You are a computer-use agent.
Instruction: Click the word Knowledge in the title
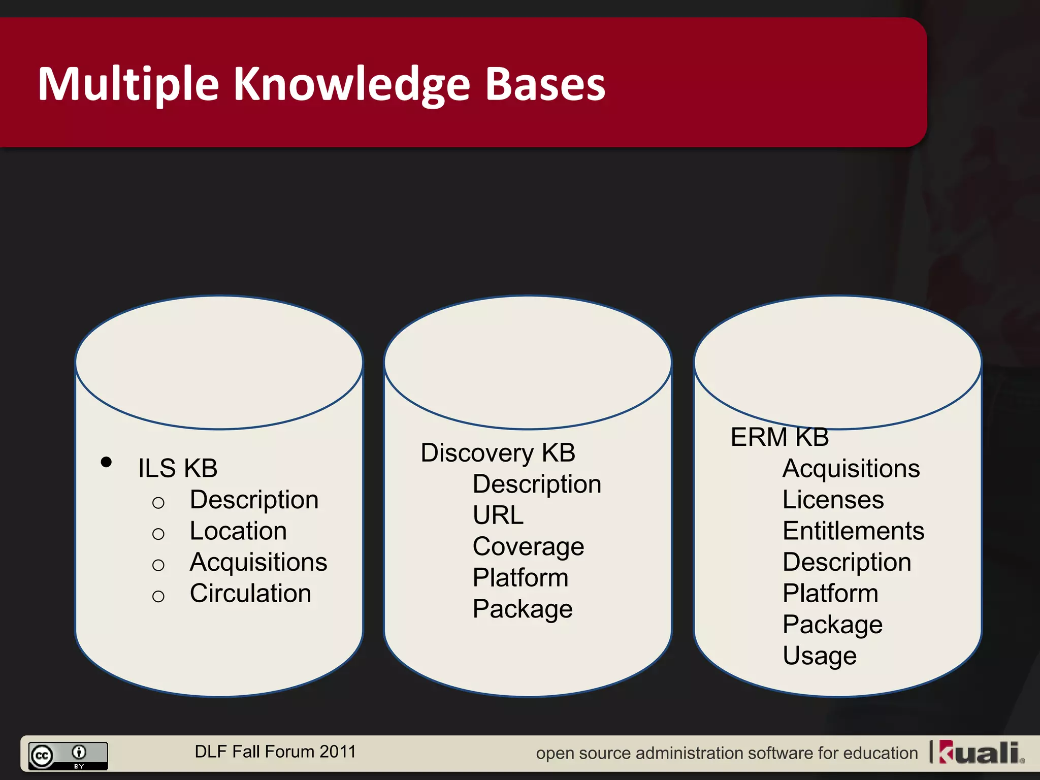[x=351, y=84]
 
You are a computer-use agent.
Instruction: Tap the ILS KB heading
[x=178, y=468]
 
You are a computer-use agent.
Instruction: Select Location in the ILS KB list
[x=238, y=531]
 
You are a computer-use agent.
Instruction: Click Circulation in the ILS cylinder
[x=250, y=593]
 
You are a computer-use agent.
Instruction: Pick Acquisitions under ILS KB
[x=258, y=562]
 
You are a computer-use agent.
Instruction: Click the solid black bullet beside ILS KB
[x=106, y=462]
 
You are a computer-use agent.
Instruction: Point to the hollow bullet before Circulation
[x=158, y=596]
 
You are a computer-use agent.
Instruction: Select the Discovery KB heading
[x=498, y=452]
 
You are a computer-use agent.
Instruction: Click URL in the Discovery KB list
[x=498, y=515]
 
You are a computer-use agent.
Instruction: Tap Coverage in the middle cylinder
[x=528, y=547]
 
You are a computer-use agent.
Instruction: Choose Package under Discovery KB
[x=522, y=609]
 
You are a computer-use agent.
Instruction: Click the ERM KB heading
[x=779, y=437]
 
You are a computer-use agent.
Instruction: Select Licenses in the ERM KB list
[x=833, y=500]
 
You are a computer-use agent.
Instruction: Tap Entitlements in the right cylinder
[x=853, y=531]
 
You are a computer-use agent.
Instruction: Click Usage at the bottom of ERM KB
[x=820, y=656]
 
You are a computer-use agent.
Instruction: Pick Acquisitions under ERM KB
[x=851, y=468]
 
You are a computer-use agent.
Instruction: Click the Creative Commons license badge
[x=68, y=756]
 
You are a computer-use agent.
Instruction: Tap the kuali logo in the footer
[x=980, y=753]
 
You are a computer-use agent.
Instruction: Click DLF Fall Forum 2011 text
[x=275, y=752]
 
